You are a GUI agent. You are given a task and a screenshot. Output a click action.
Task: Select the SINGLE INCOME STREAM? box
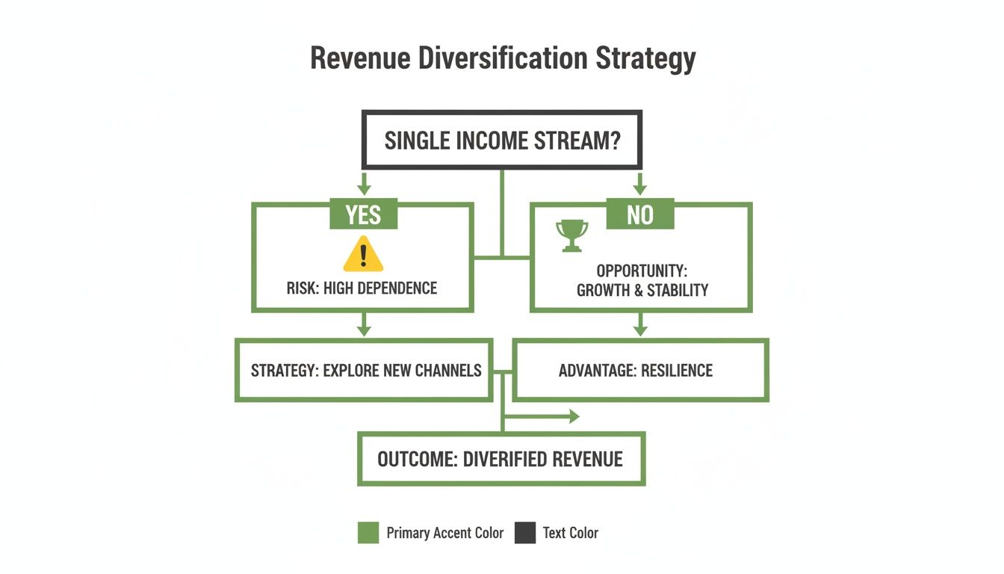(501, 141)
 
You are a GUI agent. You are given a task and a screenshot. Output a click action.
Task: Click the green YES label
(363, 215)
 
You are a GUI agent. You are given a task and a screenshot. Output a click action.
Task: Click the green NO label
(639, 215)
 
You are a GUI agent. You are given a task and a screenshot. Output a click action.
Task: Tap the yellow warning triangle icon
(363, 255)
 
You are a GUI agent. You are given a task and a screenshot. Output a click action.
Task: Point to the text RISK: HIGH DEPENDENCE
(362, 288)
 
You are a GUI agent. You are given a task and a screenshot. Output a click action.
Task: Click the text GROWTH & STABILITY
(642, 291)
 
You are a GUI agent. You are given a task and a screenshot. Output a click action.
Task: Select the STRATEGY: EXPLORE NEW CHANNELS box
(365, 371)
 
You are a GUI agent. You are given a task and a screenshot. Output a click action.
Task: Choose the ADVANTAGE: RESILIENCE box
(640, 371)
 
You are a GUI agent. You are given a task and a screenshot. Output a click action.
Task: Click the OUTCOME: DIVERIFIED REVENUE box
(501, 459)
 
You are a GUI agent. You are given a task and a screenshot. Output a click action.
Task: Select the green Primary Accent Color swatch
(368, 533)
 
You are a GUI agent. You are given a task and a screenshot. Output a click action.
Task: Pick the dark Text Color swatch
(525, 533)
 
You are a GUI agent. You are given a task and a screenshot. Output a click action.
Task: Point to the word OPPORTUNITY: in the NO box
(642, 271)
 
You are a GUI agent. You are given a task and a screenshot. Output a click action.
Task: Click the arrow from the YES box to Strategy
(364, 326)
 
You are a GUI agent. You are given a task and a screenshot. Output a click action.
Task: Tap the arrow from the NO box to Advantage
(639, 326)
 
